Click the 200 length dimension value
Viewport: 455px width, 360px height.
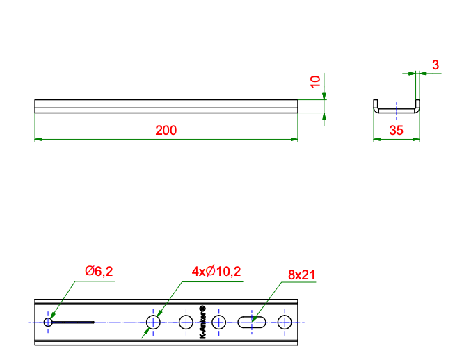click(166, 131)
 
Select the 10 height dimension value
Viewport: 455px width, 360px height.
click(315, 81)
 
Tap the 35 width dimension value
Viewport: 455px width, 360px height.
click(396, 131)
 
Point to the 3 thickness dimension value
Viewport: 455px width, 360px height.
click(436, 65)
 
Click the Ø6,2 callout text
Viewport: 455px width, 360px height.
click(99, 271)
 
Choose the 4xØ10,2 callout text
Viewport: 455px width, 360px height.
click(216, 271)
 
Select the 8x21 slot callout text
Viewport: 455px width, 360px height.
click(301, 275)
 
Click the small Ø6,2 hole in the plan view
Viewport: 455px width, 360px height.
click(48, 322)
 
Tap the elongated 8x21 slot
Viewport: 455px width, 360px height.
click(252, 322)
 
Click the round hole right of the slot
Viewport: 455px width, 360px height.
click(285, 322)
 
